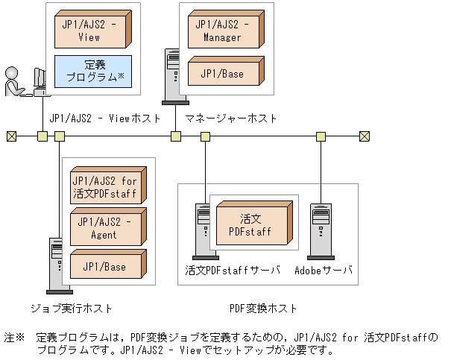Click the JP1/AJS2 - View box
(93, 30)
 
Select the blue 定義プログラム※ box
(93, 71)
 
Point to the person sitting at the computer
(13, 82)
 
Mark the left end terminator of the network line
(11, 136)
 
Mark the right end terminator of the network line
(364, 136)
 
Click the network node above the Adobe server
(321, 136)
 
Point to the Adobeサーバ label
(323, 269)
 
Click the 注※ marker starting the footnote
(15, 337)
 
